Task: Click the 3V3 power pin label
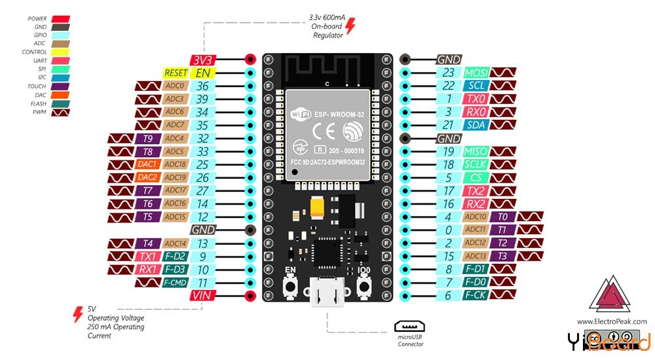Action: coord(204,60)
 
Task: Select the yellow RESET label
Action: coord(176,73)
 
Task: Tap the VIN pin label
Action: coord(204,296)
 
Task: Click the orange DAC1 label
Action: coord(147,164)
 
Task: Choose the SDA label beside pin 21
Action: coord(476,125)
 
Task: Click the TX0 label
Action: coord(476,99)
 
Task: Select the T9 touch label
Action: coord(147,138)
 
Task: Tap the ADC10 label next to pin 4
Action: coord(476,217)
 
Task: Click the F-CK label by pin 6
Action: coord(476,296)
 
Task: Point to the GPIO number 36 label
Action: coord(204,86)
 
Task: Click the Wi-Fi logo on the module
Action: coord(299,115)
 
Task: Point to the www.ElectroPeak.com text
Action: coord(611,321)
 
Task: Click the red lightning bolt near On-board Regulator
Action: coord(350,26)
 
